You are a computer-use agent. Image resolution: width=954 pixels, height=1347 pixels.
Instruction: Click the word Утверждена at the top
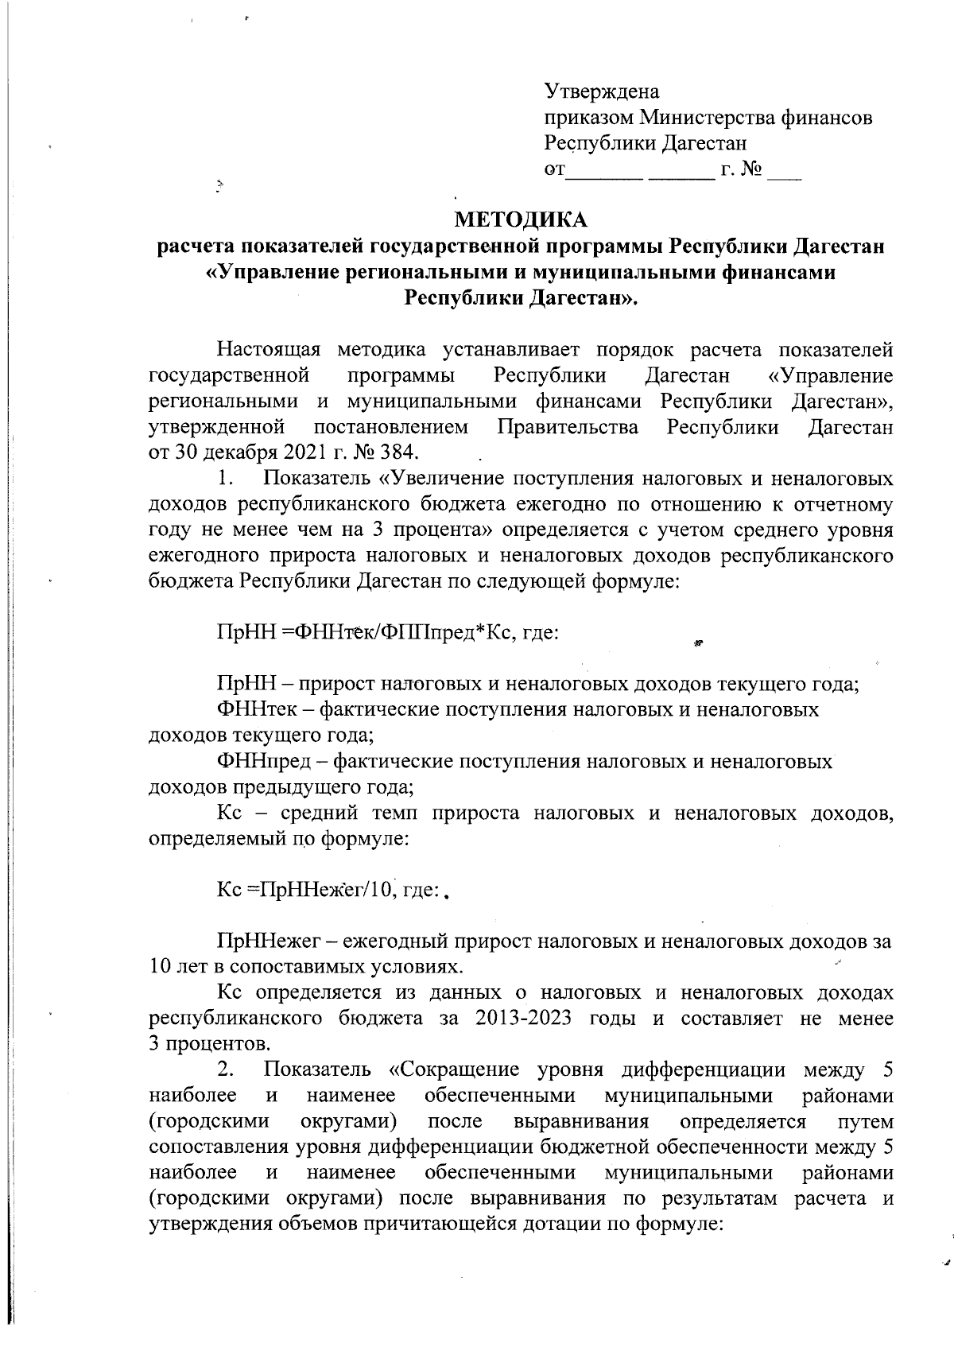pyautogui.click(x=602, y=91)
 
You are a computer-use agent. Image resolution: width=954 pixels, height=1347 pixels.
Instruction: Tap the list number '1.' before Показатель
pyautogui.click(x=225, y=479)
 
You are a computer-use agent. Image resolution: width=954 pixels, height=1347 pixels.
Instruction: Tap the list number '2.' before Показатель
pyautogui.click(x=225, y=1070)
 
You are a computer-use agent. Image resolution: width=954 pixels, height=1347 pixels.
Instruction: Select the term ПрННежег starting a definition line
pyautogui.click(x=269, y=942)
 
